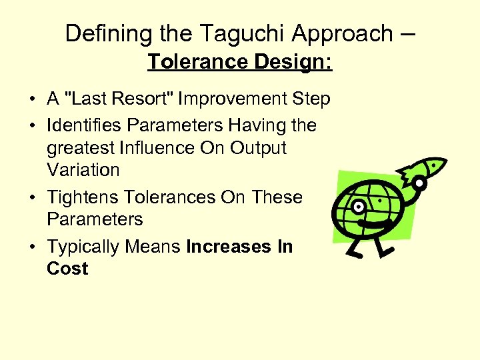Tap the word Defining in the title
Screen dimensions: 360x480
(104, 33)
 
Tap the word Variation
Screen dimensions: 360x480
(83, 170)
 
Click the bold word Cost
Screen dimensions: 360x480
(67, 269)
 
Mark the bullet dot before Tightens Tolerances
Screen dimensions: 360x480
(33, 198)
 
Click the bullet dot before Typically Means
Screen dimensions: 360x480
(33, 247)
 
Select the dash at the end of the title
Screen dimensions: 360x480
(408, 33)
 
